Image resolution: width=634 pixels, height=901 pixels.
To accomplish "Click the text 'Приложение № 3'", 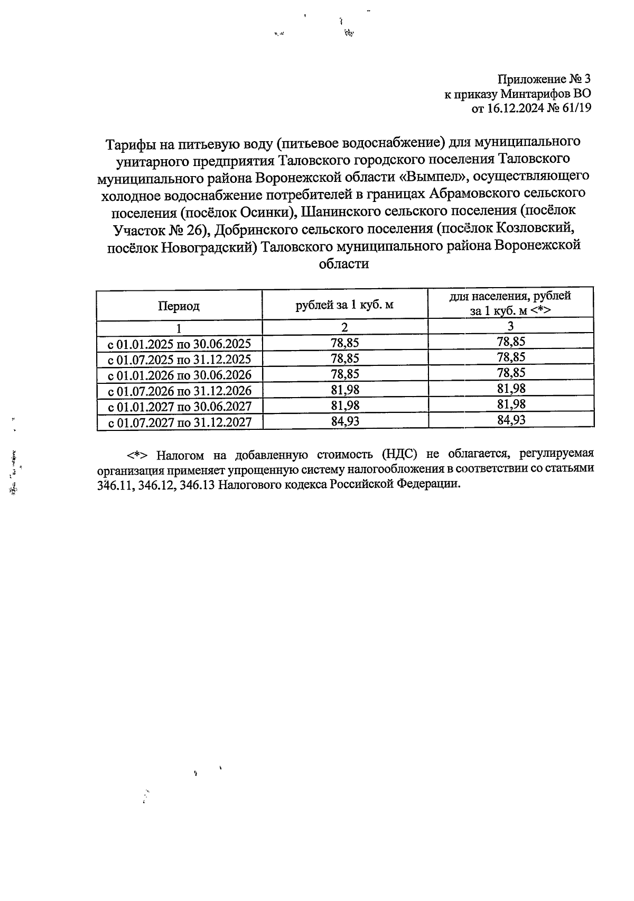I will pos(544,79).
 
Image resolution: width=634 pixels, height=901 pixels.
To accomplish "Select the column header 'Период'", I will pos(179,306).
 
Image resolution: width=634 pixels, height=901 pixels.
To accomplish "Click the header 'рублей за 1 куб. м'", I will pos(344,305).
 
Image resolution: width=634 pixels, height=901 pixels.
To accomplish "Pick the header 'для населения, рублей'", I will pos(510,297).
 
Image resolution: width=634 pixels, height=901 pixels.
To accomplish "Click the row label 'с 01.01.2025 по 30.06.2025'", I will pos(179,344).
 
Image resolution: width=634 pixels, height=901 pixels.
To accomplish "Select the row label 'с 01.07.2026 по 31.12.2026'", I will pos(179,391).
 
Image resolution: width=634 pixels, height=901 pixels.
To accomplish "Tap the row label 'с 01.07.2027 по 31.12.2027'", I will pos(179,423).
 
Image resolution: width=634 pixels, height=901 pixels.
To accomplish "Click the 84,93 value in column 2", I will pos(344,421).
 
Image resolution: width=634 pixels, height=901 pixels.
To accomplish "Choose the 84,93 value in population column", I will pos(511,420).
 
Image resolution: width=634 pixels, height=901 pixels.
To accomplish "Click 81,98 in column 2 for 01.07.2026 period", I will pos(344,390).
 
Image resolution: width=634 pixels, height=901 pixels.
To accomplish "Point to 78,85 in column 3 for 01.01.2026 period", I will pos(511,373).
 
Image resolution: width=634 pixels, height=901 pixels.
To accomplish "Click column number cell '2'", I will pos(344,327).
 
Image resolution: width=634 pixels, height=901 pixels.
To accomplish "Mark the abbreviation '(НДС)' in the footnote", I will pos(400,454).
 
